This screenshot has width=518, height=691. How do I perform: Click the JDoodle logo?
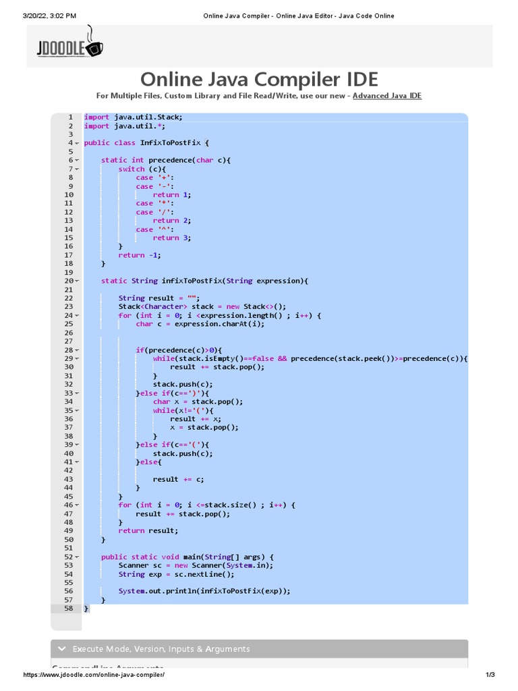[70, 45]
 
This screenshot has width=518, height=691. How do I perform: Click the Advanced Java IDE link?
[386, 96]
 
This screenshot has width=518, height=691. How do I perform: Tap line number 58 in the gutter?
[68, 608]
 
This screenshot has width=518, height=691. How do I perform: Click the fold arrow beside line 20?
[77, 281]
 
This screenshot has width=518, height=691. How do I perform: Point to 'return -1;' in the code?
[140, 255]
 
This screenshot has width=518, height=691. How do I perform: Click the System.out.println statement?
[204, 591]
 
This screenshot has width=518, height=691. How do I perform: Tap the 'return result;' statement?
[148, 530]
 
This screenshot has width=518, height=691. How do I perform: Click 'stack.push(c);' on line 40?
[183, 453]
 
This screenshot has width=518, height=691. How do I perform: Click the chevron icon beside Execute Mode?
[62, 649]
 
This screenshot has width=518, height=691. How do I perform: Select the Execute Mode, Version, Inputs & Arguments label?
[161, 649]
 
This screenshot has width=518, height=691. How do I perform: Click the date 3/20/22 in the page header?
[23, 16]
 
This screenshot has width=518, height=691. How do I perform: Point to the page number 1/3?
[490, 675]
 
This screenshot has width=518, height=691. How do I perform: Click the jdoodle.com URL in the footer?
[94, 675]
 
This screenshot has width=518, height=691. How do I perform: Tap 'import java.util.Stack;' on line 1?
[133, 117]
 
